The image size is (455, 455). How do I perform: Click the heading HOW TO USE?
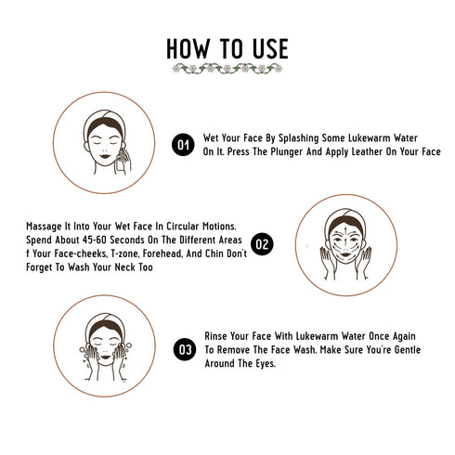point(227,48)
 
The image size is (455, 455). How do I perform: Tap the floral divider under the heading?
point(227,70)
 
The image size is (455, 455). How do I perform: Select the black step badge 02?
point(263,245)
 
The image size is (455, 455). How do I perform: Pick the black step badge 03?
point(184,350)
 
